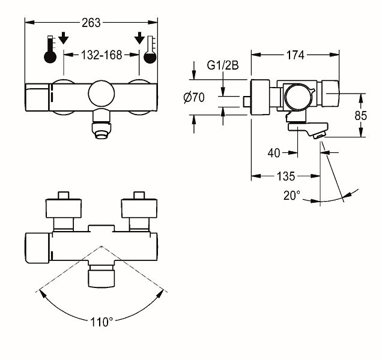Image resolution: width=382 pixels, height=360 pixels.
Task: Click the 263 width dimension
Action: (91, 23)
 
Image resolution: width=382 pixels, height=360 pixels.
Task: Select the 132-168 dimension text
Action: (102, 55)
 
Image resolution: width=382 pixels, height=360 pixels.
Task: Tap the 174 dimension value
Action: (296, 55)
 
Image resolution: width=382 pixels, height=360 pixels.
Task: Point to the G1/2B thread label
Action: (223, 65)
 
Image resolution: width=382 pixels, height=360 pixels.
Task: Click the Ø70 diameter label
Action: (194, 98)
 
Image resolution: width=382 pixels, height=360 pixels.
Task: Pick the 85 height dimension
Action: (360, 115)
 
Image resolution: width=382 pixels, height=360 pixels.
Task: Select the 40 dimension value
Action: (274, 153)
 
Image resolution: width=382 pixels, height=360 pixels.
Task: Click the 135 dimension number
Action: (286, 176)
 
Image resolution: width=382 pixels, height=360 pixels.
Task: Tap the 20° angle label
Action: (292, 195)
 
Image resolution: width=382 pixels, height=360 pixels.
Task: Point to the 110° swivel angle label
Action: (102, 322)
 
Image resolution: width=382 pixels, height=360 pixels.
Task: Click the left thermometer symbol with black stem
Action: (50, 49)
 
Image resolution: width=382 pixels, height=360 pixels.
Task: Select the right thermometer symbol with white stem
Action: (150, 50)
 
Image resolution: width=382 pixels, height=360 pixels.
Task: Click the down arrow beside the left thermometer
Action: (64, 38)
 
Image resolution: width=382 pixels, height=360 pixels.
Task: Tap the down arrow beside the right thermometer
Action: (139, 38)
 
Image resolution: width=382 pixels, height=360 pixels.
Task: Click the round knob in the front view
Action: (102, 94)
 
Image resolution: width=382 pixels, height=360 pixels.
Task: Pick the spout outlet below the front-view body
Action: (102, 124)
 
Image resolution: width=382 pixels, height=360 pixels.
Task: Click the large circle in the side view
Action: (299, 97)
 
